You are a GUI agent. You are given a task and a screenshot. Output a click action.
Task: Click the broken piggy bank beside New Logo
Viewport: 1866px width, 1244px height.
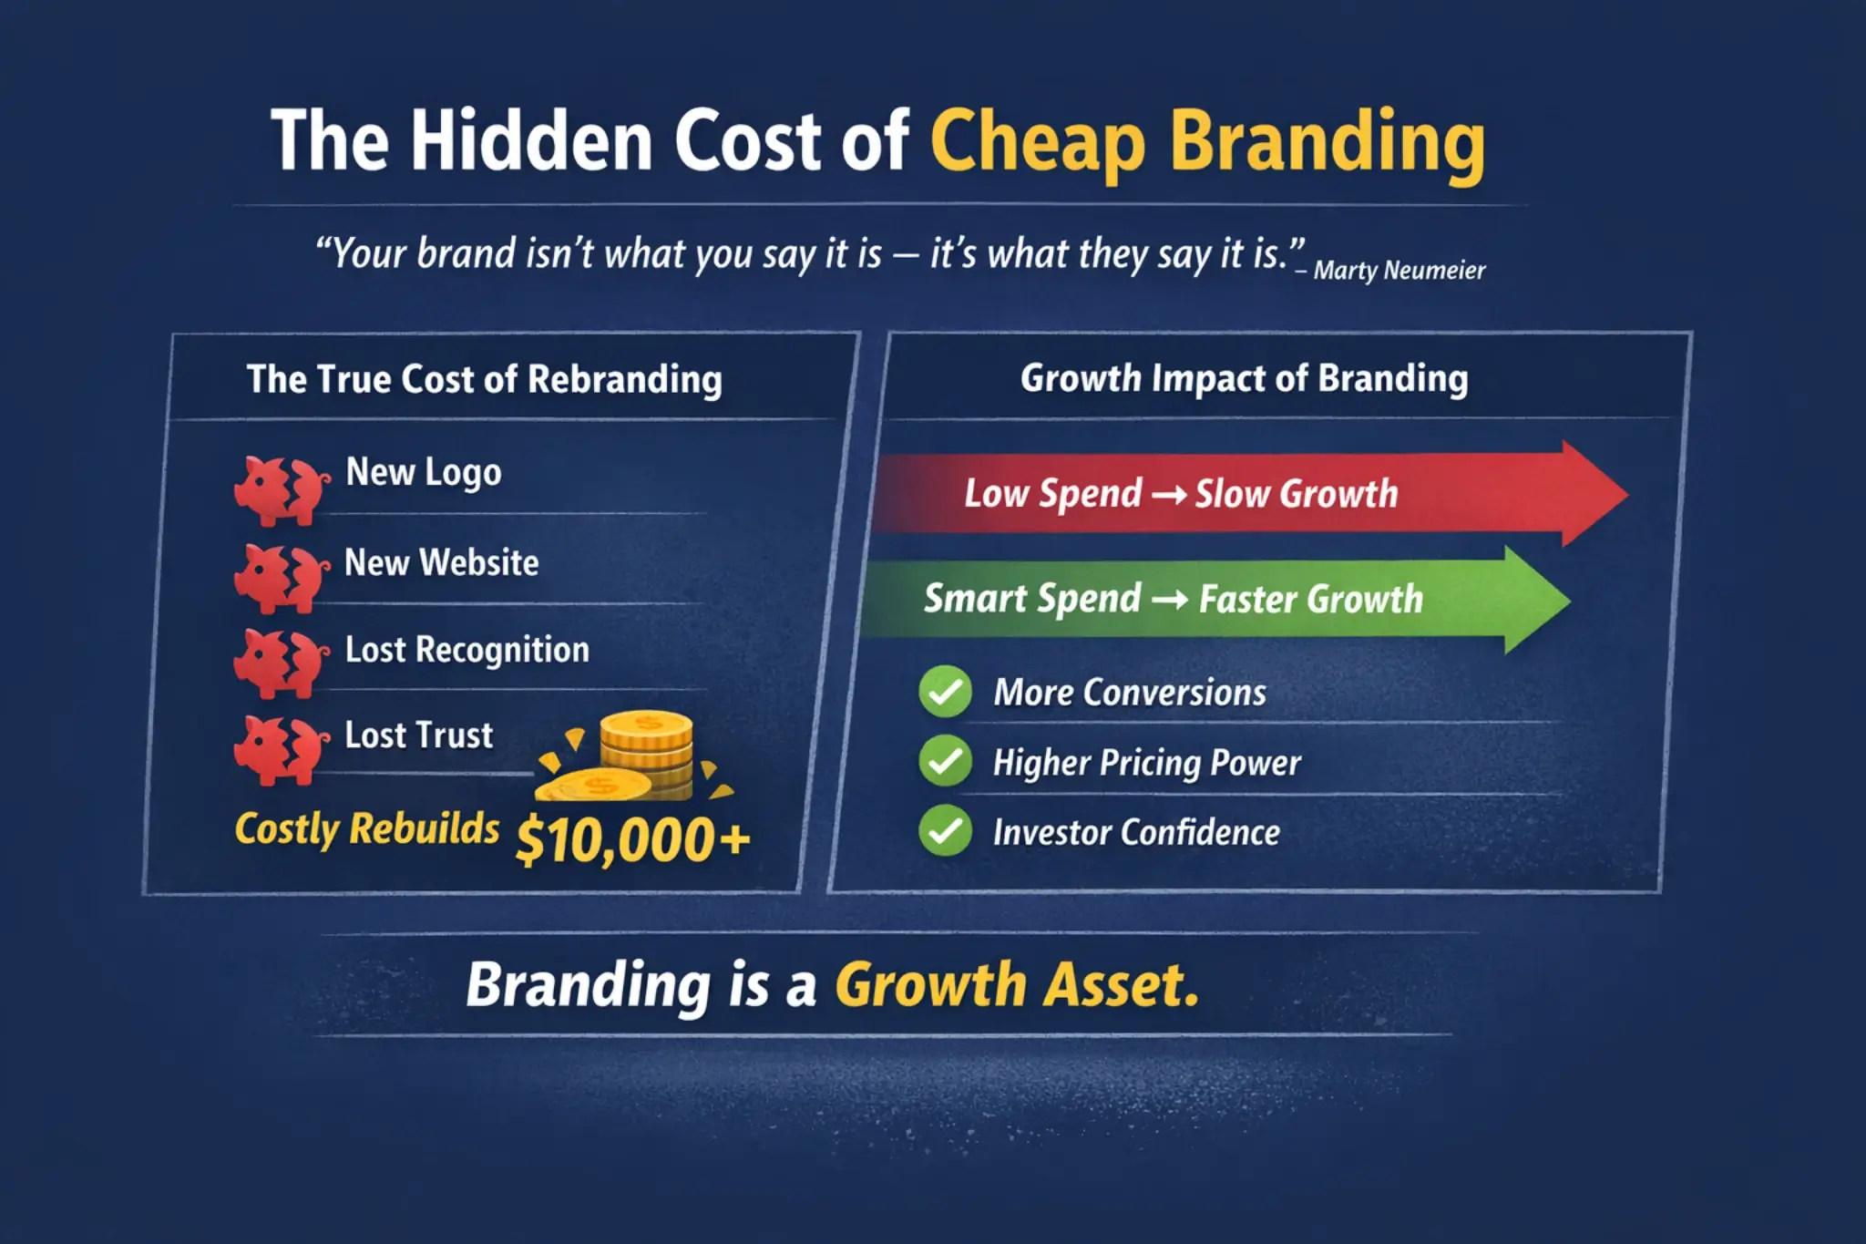[282, 490]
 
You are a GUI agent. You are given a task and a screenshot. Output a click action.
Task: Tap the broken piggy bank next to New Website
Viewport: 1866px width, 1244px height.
[282, 578]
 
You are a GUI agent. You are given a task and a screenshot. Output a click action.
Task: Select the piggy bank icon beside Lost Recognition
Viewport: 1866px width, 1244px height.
[282, 663]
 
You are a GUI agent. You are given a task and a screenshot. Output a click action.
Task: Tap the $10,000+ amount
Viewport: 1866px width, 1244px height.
[633, 840]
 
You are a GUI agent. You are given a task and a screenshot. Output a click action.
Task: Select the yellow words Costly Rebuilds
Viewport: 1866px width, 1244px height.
[367, 829]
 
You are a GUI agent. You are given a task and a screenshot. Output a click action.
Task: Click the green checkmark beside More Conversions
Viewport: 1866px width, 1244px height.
[945, 692]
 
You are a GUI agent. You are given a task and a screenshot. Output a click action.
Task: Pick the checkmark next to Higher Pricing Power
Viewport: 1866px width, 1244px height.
[945, 760]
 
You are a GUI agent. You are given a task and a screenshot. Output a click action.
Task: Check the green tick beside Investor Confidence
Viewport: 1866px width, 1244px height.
[945, 830]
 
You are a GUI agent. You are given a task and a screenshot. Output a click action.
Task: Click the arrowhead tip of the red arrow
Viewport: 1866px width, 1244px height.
[1627, 494]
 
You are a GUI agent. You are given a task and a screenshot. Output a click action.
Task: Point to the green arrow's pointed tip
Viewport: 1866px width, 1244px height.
[1569, 601]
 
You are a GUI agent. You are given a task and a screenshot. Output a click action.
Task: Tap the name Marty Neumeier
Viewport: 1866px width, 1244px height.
[1399, 272]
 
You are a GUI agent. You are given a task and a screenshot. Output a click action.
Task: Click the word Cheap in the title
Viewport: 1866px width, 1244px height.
[1038, 143]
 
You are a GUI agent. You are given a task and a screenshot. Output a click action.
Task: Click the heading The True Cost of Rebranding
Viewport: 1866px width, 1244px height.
[485, 380]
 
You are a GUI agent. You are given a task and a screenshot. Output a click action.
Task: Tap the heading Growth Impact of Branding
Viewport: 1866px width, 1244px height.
[1245, 379]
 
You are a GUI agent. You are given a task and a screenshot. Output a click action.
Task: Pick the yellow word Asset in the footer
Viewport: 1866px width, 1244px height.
[1121, 985]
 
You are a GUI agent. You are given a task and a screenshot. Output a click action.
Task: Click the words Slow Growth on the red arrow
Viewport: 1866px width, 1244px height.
[1297, 494]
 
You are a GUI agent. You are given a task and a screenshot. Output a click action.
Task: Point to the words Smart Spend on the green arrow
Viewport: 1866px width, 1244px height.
[1032, 600]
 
